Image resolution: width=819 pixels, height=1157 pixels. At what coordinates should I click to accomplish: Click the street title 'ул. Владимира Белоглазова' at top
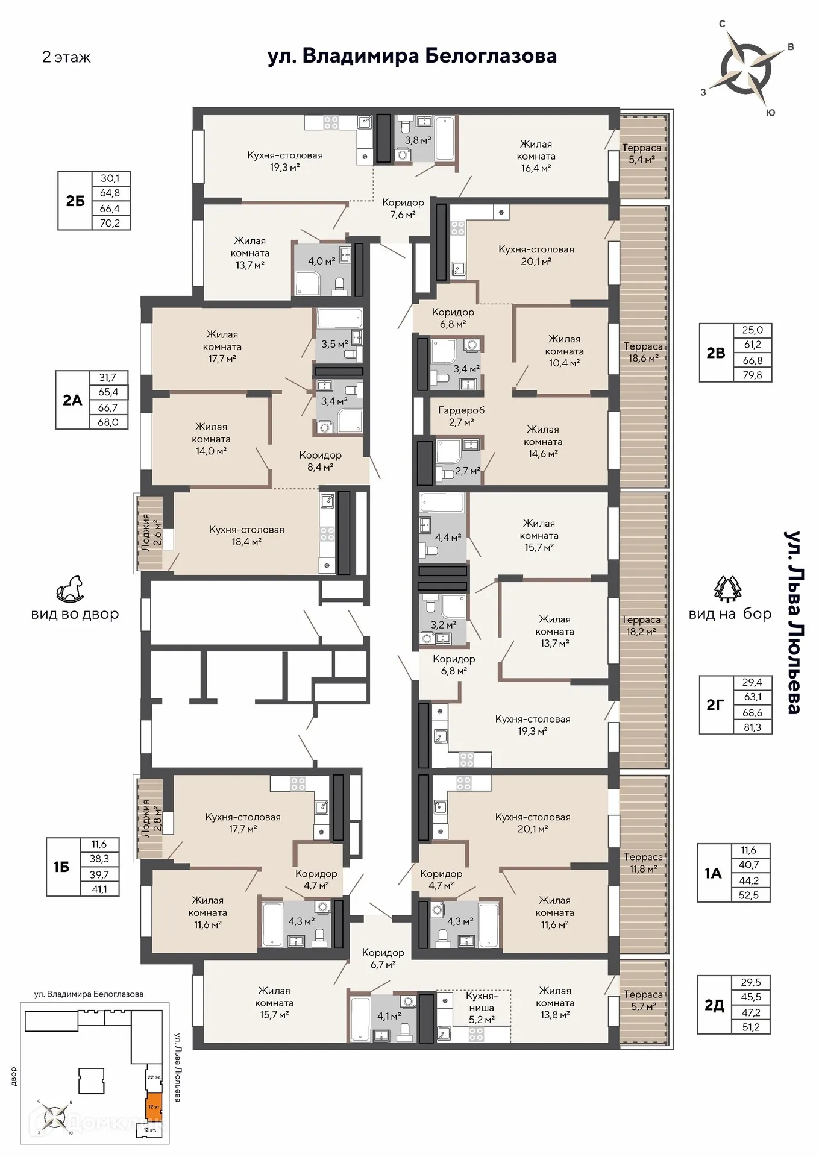click(x=412, y=56)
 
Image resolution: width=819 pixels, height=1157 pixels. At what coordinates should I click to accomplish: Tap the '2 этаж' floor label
click(x=66, y=57)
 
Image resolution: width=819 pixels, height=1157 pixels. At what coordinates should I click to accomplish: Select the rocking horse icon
click(x=71, y=589)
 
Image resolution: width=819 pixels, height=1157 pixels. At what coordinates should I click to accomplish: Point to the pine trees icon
click(x=727, y=589)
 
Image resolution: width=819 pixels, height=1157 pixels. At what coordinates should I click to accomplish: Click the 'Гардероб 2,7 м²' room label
click(x=461, y=416)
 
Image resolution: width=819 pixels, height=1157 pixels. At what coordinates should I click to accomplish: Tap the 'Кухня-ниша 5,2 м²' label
click(x=482, y=1008)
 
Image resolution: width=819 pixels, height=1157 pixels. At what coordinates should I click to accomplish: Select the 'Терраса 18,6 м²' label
click(x=643, y=352)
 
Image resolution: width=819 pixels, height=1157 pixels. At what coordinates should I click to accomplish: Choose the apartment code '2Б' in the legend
click(x=75, y=201)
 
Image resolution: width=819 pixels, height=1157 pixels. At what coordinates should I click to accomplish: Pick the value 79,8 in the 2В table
click(x=752, y=375)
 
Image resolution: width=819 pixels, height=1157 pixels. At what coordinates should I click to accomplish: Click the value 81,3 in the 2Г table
click(x=752, y=727)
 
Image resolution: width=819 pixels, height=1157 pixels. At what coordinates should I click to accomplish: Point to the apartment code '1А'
click(x=713, y=873)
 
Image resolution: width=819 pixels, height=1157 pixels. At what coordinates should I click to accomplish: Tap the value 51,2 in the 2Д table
click(x=751, y=1027)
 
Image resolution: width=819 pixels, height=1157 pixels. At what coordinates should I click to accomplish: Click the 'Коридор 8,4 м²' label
click(x=320, y=461)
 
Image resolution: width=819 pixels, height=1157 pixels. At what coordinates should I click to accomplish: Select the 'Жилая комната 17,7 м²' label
click(x=222, y=346)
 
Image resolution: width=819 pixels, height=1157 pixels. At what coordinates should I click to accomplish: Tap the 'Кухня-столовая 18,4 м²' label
click(x=246, y=536)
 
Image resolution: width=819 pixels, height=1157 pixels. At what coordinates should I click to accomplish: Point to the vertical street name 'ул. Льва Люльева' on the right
click(x=793, y=622)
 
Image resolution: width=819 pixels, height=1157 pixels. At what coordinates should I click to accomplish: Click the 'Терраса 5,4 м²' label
click(x=641, y=154)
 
